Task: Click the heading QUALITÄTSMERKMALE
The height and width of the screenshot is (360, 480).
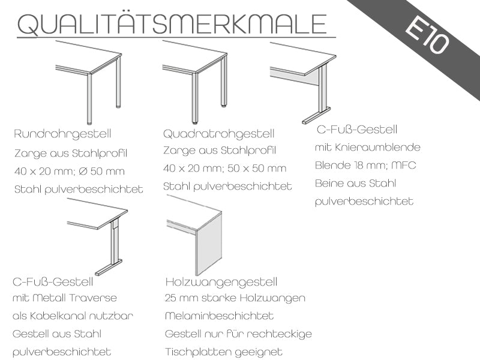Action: pos(172,23)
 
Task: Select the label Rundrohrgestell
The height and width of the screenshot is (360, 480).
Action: pos(62,134)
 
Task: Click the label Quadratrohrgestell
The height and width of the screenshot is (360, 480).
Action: pos(218,134)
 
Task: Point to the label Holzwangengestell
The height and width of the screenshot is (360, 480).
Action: pos(221,282)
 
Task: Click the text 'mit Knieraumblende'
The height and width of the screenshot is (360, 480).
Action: pos(368,147)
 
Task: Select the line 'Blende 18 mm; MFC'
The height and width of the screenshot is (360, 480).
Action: pos(365,166)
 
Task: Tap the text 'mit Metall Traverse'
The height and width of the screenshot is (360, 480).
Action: pos(65,298)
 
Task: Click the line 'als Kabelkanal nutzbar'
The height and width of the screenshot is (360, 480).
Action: pos(73,316)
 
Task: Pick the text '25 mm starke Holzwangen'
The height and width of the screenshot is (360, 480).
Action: pos(235,298)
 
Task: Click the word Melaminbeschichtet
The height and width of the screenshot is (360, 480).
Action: pos(219,316)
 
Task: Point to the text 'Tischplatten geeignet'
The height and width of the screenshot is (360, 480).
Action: pos(224,352)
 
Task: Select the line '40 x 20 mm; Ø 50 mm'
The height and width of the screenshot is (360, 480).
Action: pos(70,171)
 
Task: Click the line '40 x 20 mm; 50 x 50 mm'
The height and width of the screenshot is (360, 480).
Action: pos(224,169)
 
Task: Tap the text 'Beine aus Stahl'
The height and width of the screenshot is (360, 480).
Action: pos(355,184)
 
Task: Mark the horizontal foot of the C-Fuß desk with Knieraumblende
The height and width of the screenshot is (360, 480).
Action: pos(317,115)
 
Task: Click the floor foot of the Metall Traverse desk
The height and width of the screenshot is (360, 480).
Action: pos(109,268)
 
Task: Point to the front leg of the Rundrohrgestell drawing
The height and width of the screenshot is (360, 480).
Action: pos(89,98)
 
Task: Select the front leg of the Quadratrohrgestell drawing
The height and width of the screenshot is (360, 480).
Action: pos(194,98)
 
